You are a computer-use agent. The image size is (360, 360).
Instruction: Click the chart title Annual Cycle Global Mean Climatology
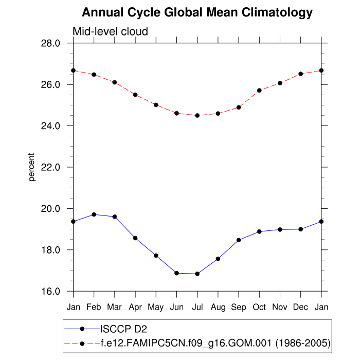point(197,12)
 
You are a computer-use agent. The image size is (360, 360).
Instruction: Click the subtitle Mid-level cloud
point(110,31)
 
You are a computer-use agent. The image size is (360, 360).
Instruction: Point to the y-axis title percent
point(32,167)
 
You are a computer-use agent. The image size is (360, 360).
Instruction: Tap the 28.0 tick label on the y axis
point(50,43)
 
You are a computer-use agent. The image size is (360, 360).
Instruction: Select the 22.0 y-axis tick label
point(50,167)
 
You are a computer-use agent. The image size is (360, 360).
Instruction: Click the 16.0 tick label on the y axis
point(50,292)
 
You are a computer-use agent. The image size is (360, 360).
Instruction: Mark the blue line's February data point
point(94,214)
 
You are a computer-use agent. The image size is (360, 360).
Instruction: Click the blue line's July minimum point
point(197,274)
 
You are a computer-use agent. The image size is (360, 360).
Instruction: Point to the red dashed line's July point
point(197,116)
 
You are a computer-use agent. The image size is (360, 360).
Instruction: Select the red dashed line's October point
point(259,91)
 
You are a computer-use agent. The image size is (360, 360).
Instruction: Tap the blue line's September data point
point(239,240)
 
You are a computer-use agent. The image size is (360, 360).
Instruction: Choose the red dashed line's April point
point(135,95)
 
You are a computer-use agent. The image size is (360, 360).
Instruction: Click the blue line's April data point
point(135,238)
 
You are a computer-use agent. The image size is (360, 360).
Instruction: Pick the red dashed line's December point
point(300,74)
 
